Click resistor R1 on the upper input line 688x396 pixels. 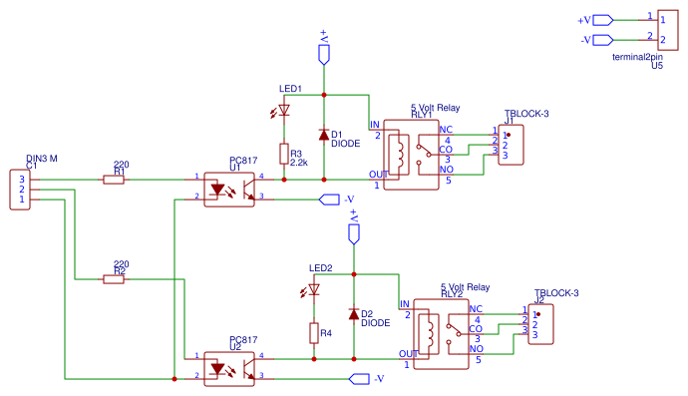point(114,180)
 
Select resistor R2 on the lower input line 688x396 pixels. point(114,279)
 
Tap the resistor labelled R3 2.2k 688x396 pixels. point(284,155)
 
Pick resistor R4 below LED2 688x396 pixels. point(314,333)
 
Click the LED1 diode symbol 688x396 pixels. point(284,110)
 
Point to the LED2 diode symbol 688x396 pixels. point(314,289)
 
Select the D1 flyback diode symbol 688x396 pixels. point(323,134)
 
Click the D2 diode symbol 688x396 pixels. point(353,313)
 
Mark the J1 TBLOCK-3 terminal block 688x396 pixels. point(508,144)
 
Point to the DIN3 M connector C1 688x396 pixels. point(20,189)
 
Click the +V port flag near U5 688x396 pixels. point(604,19)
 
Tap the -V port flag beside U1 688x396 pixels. point(327,199)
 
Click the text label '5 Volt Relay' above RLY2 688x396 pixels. point(465,286)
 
